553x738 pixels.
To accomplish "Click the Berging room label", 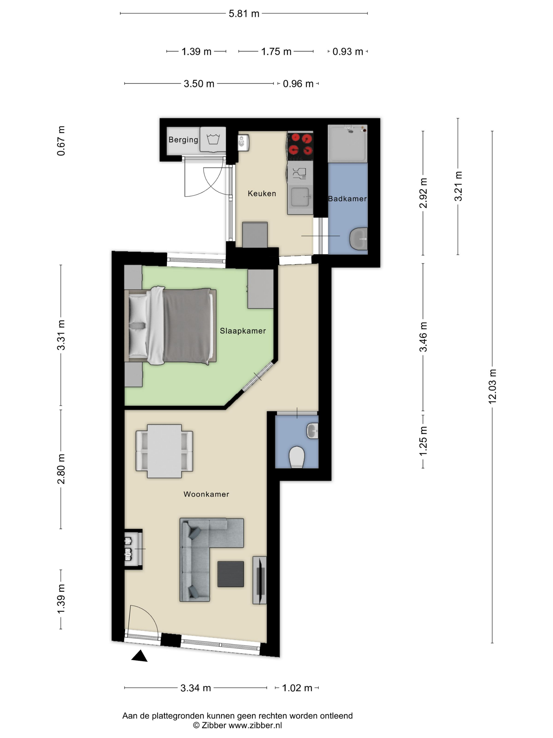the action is [183, 139].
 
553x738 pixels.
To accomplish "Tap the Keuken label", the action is [262, 193].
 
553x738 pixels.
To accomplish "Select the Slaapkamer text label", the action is [243, 331].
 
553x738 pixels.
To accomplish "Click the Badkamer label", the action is [347, 198].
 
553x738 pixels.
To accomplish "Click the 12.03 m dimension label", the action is [492, 387].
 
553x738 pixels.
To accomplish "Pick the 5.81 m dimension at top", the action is [244, 14].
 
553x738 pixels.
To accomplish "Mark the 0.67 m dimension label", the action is [61, 141].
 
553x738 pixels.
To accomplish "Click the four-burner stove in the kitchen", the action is [300, 144].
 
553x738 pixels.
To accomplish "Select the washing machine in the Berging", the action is [213, 139].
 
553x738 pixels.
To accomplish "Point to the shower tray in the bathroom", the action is [348, 143].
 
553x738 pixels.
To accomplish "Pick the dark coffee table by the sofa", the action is [231, 574].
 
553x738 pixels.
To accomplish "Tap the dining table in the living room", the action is [164, 451].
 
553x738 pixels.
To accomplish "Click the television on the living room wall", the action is [260, 580].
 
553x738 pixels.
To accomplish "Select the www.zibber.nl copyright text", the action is [237, 726].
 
